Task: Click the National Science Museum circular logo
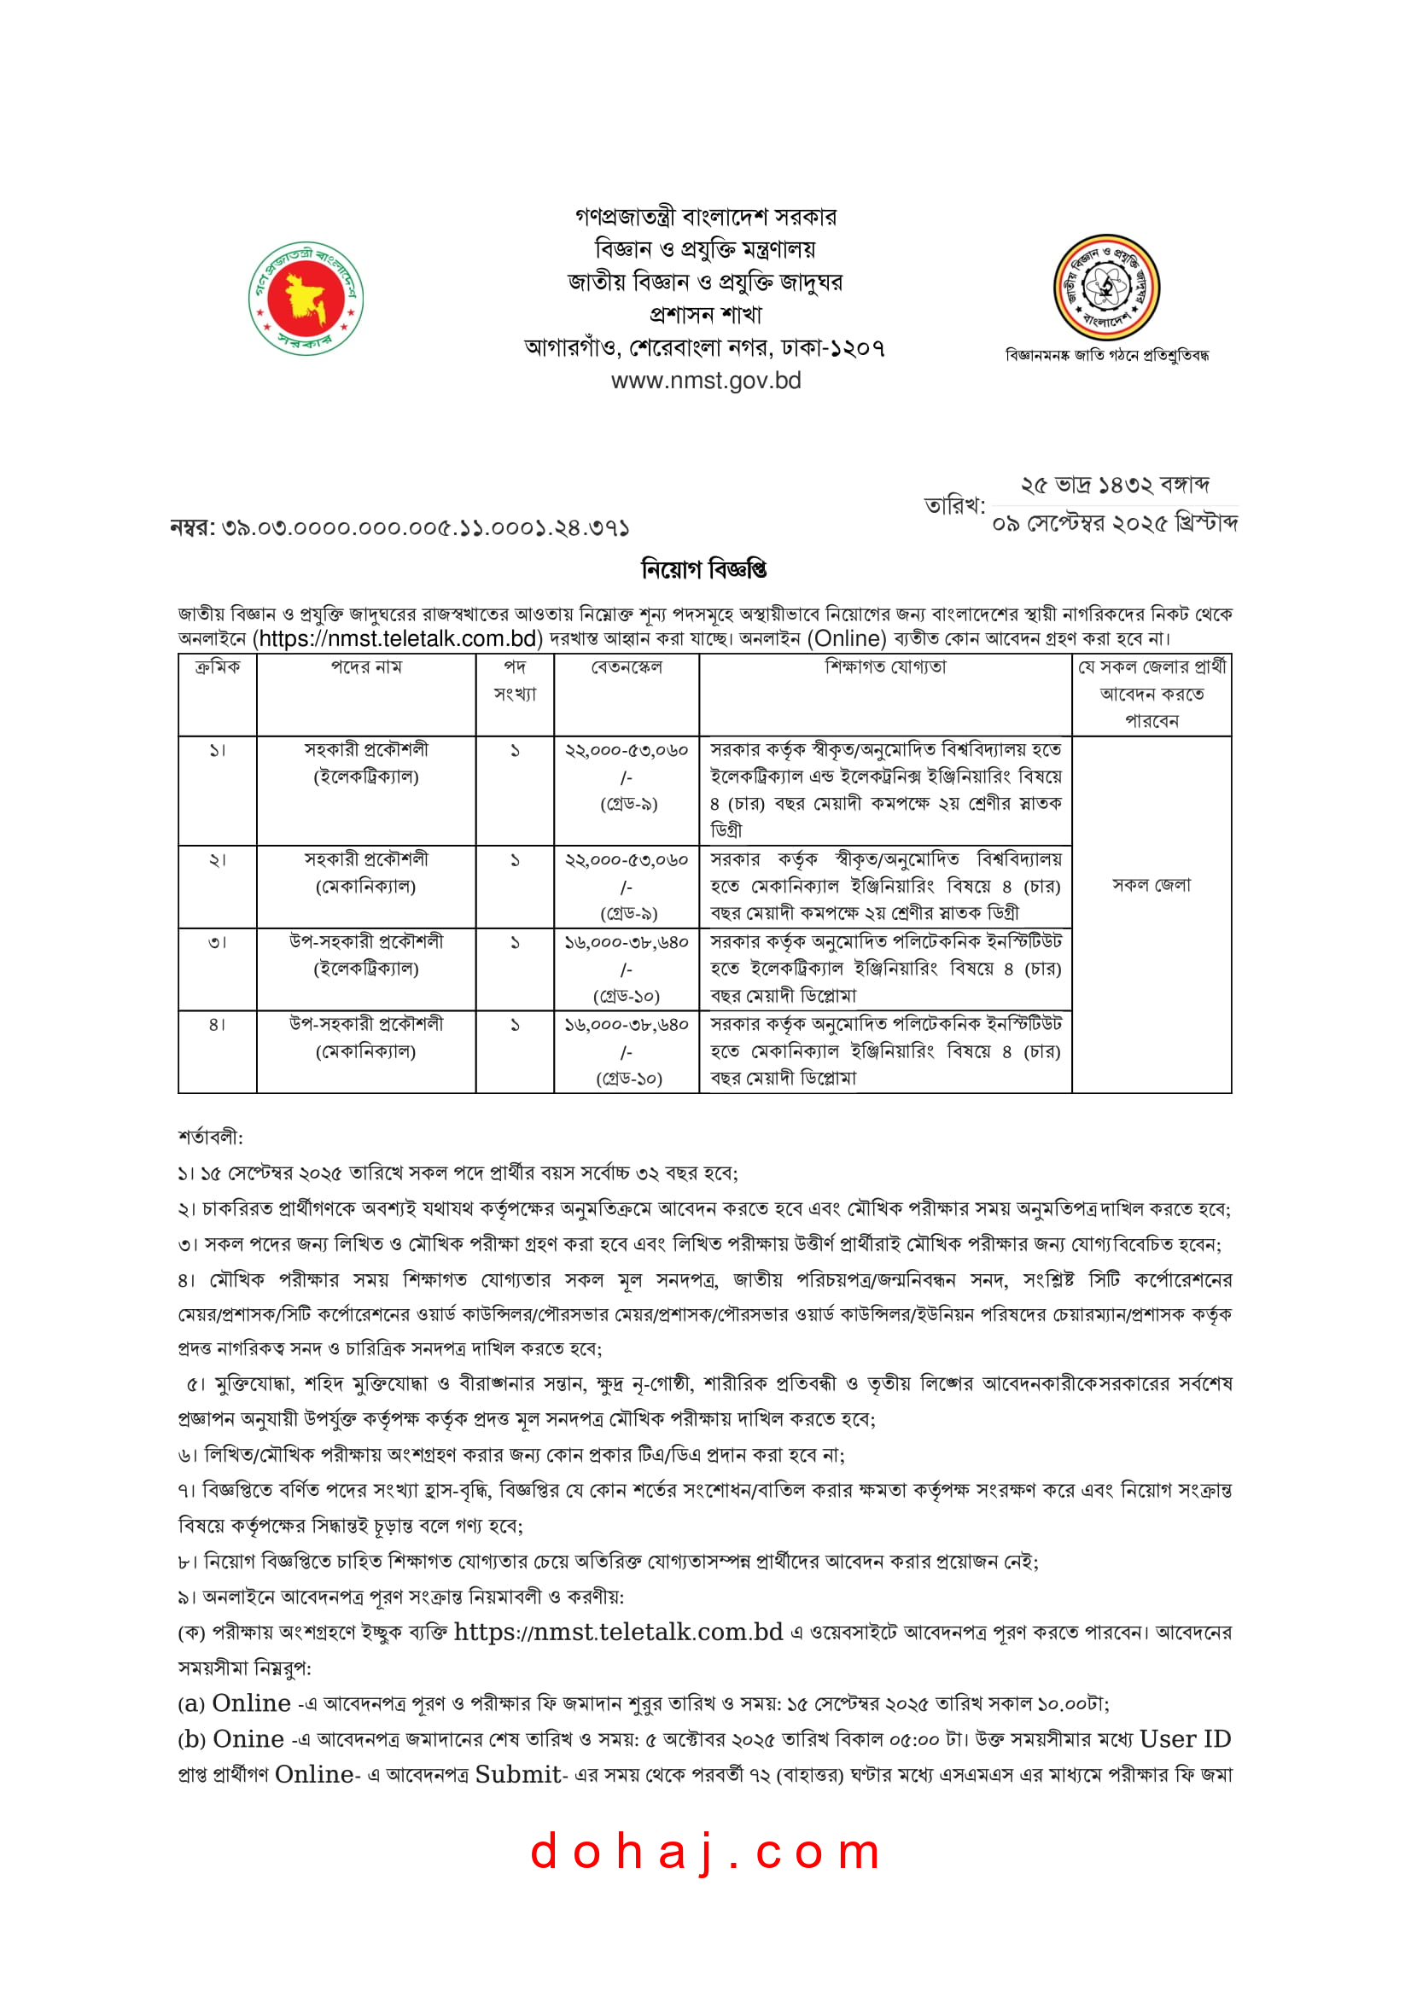pos(1106,287)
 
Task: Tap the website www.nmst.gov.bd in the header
pos(705,381)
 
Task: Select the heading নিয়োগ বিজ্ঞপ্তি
pos(704,569)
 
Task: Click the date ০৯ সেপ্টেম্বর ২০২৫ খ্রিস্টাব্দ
pos(1115,523)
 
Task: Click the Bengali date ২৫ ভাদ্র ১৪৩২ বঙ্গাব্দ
pos(1115,485)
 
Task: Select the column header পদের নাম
pos(366,667)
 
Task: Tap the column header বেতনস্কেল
pos(626,667)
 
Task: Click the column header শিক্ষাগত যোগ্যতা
pos(885,667)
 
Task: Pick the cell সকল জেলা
pos(1151,885)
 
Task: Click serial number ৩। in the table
pos(218,942)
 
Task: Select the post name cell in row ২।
pos(366,872)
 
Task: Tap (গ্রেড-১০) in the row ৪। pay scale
pos(628,1079)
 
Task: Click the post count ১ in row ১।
pos(515,750)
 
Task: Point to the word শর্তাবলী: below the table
pos(210,1137)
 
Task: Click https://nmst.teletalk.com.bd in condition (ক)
pos(618,1632)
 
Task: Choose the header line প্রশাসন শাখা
pos(705,315)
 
